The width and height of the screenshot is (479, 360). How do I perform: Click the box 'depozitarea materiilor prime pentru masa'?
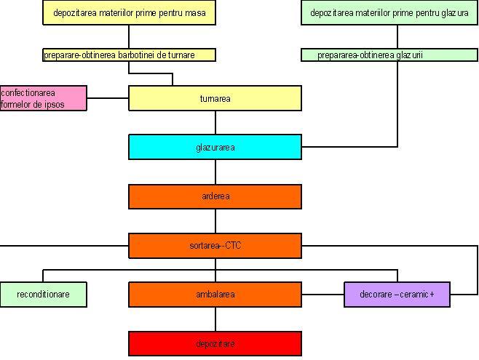point(130,13)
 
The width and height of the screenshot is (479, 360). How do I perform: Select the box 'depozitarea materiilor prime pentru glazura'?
point(389,13)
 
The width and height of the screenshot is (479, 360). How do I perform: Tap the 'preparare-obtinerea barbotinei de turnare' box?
point(130,55)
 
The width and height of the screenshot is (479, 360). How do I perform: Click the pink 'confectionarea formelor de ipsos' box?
point(43,98)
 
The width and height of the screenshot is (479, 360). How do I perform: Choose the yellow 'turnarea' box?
point(215,98)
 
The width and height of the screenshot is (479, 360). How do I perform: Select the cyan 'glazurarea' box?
point(215,147)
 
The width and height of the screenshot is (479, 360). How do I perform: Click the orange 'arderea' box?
point(215,196)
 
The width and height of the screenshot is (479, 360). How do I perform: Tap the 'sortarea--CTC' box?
point(215,245)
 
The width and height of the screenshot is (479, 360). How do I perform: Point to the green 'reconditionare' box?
point(43,295)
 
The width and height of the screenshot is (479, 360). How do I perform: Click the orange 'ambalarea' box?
point(215,295)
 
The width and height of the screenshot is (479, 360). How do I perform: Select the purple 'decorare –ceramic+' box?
point(397,295)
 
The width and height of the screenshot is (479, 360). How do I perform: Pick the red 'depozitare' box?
point(215,343)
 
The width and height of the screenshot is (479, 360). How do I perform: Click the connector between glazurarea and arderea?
point(215,172)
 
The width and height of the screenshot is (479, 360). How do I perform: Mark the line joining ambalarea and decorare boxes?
point(322,295)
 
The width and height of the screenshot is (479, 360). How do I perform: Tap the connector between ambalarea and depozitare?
point(215,319)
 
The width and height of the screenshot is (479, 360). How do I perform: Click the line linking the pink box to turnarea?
point(108,98)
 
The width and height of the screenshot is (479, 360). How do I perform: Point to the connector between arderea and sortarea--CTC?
point(215,221)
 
